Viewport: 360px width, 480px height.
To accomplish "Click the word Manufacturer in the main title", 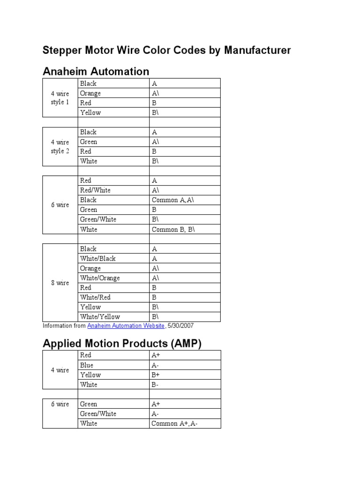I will [257, 50].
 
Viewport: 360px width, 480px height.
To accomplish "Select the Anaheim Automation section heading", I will [96, 72].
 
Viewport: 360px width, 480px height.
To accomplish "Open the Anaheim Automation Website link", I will [126, 326].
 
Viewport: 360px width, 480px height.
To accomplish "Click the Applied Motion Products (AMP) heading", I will [122, 344].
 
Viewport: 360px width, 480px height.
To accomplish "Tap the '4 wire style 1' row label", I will [60, 98].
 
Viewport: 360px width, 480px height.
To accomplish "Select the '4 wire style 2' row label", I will [60, 147].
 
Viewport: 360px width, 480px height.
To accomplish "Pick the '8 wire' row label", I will [60, 283].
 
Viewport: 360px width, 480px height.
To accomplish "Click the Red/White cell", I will [95, 190].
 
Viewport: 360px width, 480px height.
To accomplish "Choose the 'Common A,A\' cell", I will [172, 200].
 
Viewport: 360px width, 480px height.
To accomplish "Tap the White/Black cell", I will [97, 259].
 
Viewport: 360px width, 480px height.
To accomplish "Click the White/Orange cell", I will [100, 278].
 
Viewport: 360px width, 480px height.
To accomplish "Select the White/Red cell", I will [95, 297].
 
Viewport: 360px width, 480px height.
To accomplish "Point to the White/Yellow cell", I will [100, 317].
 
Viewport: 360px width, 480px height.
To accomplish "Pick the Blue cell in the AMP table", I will [87, 365].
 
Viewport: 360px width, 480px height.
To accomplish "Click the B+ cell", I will [156, 375].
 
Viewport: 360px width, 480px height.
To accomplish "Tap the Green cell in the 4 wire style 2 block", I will [89, 142].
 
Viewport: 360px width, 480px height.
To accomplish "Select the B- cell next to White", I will [155, 385].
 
